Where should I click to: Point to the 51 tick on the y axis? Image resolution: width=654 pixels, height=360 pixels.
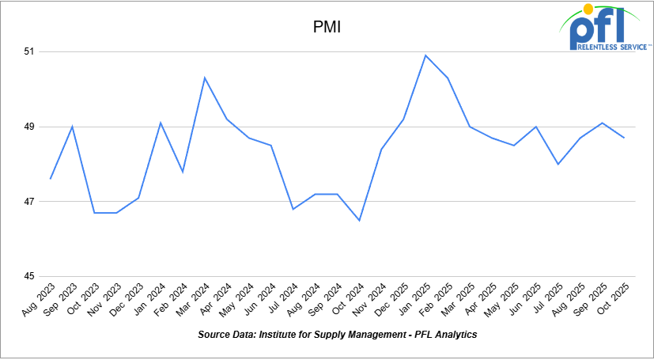coord(30,51)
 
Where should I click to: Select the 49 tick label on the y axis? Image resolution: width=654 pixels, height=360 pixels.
coord(30,127)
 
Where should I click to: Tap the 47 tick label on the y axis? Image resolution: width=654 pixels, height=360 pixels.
coord(30,202)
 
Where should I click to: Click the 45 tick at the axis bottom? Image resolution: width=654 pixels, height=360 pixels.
coord(30,276)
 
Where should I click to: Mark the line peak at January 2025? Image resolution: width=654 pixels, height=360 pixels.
coord(425,55)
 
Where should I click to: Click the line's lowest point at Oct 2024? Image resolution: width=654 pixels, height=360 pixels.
coord(360,220)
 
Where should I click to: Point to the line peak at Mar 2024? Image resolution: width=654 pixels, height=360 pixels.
coord(205,78)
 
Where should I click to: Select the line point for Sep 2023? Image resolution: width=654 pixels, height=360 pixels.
coord(73,127)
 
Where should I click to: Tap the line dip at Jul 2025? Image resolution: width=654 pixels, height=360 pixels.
coord(558,164)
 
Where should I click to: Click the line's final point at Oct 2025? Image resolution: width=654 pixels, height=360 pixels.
coord(625,138)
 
